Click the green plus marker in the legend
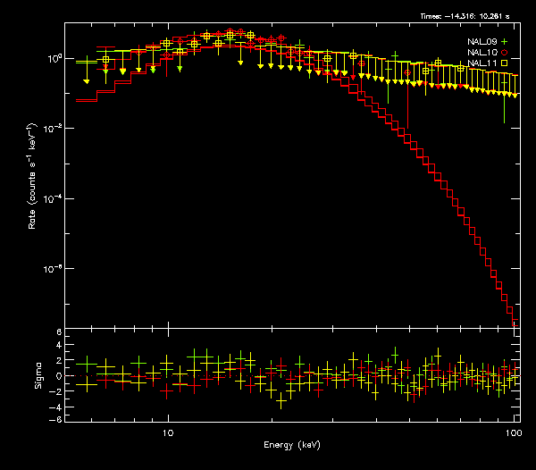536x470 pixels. [x=505, y=41]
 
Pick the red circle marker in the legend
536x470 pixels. [x=505, y=53]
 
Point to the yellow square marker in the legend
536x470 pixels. [x=505, y=63]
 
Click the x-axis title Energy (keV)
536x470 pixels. [x=292, y=444]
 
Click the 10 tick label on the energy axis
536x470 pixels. [x=167, y=431]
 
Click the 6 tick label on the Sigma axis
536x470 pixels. [x=58, y=332]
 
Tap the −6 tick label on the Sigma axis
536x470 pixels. [x=55, y=419]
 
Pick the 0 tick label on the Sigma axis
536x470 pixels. [x=58, y=375]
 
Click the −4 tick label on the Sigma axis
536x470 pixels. [x=55, y=405]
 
